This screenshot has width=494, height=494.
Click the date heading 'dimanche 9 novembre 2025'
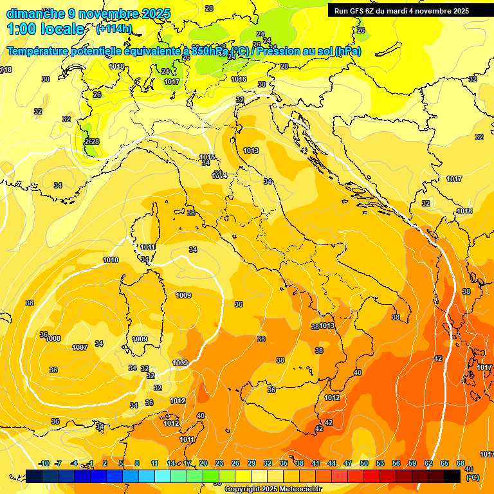(88, 14)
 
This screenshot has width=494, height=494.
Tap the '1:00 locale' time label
(45, 29)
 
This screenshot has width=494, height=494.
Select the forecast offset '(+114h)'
(114, 29)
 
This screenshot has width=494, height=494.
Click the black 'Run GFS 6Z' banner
(401, 10)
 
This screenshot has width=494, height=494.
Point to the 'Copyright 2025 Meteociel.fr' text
(273, 489)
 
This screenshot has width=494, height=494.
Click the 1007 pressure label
(80, 347)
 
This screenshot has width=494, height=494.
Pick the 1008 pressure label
(53, 338)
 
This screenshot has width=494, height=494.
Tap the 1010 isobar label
(111, 260)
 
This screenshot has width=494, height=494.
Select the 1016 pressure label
(239, 79)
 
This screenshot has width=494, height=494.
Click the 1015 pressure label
(207, 157)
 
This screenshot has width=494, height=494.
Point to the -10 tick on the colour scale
(44, 463)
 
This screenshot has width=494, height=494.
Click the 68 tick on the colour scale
(461, 463)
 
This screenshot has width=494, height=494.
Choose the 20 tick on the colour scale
(203, 463)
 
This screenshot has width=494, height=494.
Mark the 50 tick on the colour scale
(364, 463)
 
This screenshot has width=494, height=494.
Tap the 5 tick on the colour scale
(121, 463)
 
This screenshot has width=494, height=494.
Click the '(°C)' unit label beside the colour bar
(472, 477)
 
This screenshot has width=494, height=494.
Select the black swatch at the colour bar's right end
(452, 476)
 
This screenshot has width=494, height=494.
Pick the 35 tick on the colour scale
(284, 463)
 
